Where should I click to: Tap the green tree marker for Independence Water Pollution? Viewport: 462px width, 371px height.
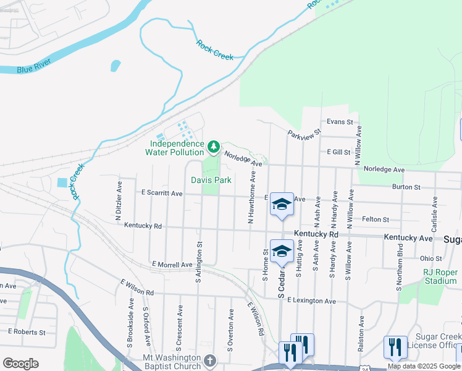coord(213,147)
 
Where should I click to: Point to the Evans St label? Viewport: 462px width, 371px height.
coord(340,122)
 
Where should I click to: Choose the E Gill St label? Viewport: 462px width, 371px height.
coord(338,152)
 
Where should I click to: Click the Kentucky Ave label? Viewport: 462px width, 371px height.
coord(408,237)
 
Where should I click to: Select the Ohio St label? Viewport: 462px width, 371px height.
coord(430,258)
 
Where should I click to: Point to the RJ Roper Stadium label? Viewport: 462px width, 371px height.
coord(439,276)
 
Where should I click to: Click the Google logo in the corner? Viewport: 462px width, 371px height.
coord(20,364)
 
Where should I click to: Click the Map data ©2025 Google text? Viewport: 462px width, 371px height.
coord(424,366)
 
